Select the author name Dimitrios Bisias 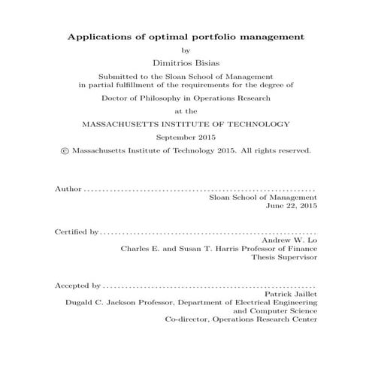186,64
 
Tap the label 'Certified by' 77,231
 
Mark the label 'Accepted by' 78,286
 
